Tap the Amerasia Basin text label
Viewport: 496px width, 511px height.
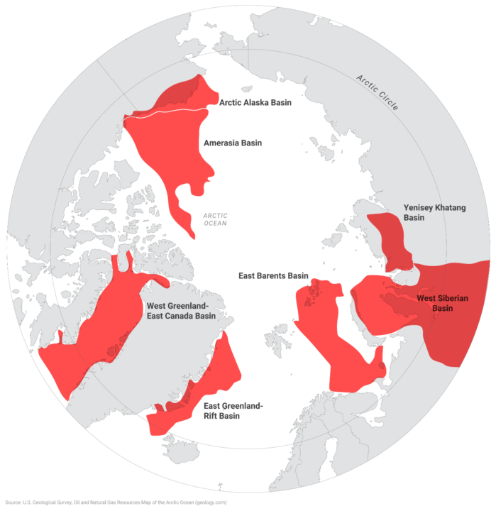click(232, 143)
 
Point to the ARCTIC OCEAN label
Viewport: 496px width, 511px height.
click(215, 219)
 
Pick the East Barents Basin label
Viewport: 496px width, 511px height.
click(273, 275)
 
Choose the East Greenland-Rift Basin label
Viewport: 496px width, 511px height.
click(233, 411)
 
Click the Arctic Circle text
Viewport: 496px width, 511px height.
click(377, 92)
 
